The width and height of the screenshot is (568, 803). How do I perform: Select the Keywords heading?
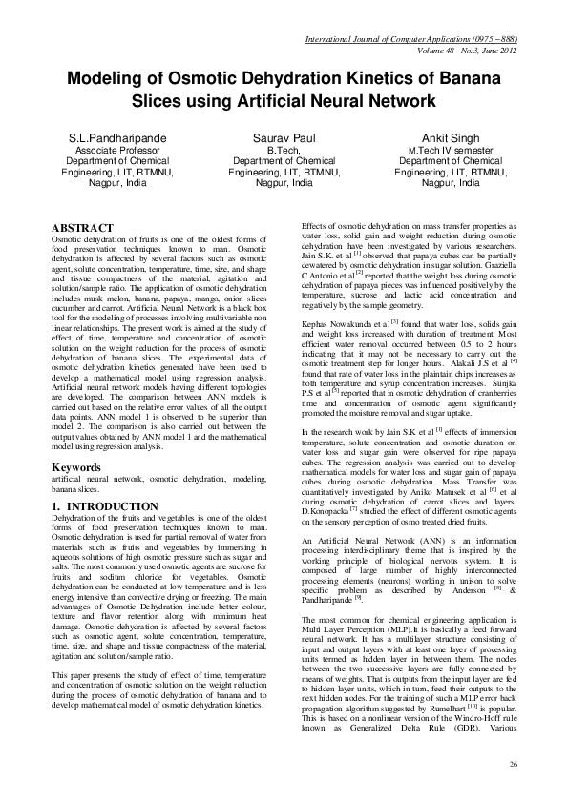[77, 468]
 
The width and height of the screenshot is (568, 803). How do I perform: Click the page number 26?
[514, 765]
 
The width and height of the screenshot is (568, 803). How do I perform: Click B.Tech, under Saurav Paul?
[284, 151]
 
